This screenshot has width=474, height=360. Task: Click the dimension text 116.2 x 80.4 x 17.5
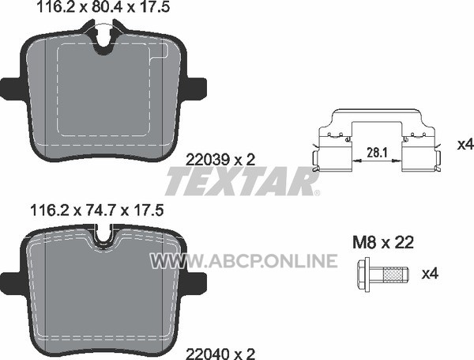tap(103, 7)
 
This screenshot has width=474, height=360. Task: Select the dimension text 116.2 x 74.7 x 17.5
tap(96, 210)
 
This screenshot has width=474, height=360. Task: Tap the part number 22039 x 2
tap(220, 160)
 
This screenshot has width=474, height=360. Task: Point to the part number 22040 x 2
tap(220, 354)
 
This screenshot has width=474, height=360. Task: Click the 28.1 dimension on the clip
tap(377, 152)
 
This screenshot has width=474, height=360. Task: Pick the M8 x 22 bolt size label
tap(383, 243)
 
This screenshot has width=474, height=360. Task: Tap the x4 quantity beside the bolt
tap(430, 274)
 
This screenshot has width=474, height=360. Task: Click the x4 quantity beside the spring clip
tap(465, 145)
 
